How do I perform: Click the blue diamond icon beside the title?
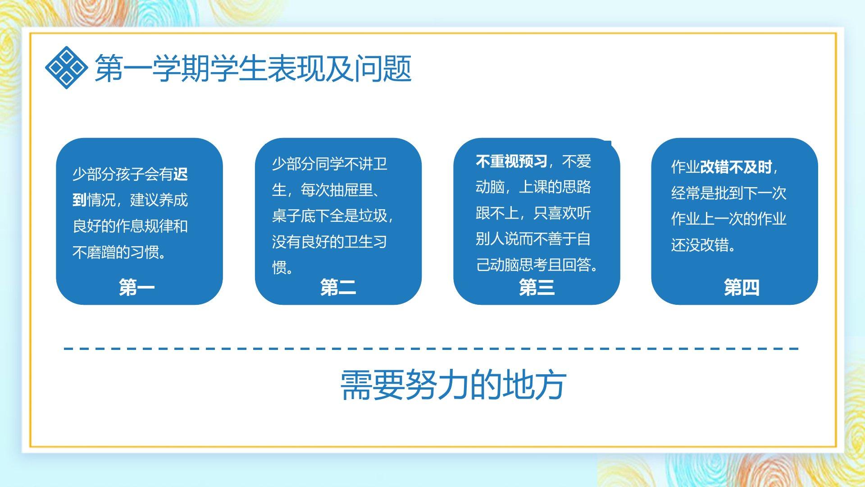point(66,68)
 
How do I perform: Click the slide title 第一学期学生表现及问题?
point(253,69)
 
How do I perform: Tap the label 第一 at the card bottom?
point(137,287)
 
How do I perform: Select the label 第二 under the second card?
point(338,287)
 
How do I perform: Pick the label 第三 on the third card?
point(537,287)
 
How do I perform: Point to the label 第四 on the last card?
point(742,287)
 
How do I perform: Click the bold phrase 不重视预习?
point(511,161)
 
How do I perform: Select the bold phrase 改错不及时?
point(736,167)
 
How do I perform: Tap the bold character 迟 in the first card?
point(181,174)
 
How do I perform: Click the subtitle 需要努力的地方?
point(453,385)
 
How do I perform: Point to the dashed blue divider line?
point(431,349)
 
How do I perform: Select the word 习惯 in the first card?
point(145,252)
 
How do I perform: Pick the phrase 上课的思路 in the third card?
point(555,187)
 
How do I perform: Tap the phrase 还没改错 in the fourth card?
point(700,245)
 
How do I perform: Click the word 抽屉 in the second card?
point(344,190)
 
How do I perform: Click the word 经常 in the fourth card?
point(686,193)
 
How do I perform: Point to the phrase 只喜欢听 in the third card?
point(562,213)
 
